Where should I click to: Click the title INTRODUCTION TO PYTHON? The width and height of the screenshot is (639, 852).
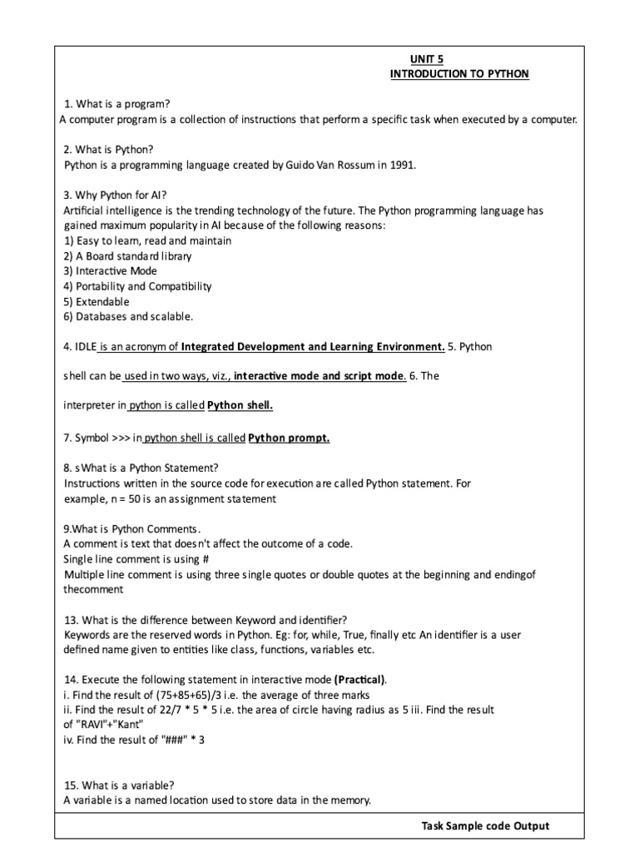click(459, 74)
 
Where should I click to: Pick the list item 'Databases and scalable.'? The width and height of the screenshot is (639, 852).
click(129, 316)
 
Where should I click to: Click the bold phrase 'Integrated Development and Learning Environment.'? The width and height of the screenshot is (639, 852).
click(313, 346)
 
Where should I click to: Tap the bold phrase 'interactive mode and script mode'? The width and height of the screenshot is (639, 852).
click(319, 376)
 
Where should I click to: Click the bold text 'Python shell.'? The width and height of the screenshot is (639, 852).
click(240, 406)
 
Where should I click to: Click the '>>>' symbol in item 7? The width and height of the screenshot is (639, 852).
click(122, 438)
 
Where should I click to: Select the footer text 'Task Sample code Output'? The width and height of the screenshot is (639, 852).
click(485, 826)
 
